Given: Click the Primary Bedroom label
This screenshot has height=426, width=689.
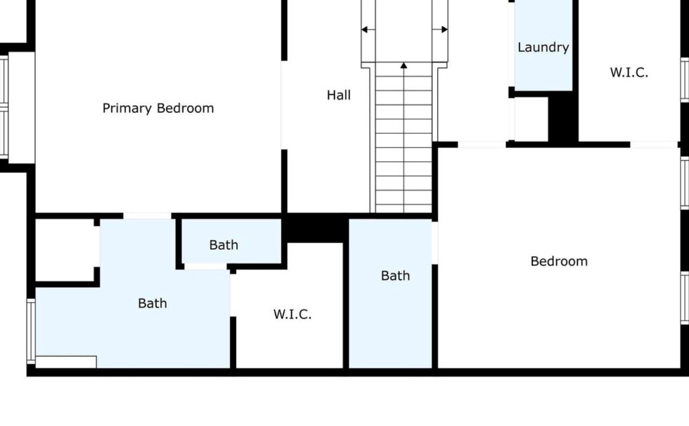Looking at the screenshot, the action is (158, 109).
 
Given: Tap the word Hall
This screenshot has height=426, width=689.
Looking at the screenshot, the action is (339, 95).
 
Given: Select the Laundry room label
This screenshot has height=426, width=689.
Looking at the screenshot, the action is (543, 48).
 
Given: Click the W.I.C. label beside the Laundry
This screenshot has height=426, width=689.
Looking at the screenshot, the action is (629, 73).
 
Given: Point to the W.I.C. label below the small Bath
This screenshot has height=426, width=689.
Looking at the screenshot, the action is (292, 314).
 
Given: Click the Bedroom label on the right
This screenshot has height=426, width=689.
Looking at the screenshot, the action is (559, 262).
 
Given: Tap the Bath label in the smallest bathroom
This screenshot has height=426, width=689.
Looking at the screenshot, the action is (224, 245).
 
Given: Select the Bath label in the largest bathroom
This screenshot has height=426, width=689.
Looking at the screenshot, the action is (152, 304).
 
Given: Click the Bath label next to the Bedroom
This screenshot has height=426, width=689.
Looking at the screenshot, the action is (395, 276).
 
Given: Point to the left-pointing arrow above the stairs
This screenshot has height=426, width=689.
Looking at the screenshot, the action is (368, 30).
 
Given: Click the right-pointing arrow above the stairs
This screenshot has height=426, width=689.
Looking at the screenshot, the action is (440, 30).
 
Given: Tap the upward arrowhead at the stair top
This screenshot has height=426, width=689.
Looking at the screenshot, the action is (404, 66).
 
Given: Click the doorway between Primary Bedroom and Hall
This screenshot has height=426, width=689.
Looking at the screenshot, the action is (284, 105).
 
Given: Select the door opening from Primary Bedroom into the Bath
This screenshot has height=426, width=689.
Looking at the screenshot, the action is (148, 215).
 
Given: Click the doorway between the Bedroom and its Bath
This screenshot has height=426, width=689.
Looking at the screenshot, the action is (435, 243).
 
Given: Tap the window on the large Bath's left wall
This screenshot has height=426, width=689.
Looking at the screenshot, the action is (31, 331).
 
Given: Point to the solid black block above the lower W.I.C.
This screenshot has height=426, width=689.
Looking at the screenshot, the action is (315, 227).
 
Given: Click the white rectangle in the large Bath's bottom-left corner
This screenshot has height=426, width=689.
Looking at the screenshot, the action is (66, 362).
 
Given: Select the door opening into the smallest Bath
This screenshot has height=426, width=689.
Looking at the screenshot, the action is (206, 266).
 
